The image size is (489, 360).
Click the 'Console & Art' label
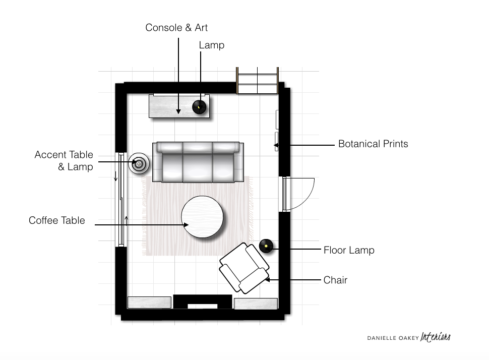click(176, 28)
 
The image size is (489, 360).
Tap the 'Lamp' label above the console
click(211, 45)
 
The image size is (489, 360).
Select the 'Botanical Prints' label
click(373, 144)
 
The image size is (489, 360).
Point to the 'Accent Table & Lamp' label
click(64, 161)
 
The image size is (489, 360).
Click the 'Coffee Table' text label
click(57, 220)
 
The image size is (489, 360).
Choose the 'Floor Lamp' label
click(349, 250)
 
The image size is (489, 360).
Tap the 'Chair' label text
click(335, 280)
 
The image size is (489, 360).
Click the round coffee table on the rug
click(202, 217)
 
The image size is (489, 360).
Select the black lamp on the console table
click(199, 107)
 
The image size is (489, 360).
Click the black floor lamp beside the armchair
click(266, 246)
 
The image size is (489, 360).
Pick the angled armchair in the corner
click(244, 268)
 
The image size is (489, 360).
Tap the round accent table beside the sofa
click(139, 163)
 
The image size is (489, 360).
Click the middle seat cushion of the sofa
click(198, 162)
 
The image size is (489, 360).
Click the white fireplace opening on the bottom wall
click(202, 307)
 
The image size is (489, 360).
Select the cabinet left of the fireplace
click(149, 303)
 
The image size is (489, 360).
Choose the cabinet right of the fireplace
click(256, 304)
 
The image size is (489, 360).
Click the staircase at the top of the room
click(257, 81)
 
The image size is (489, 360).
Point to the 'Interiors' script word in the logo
click(436, 337)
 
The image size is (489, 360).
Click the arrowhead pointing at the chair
click(267, 280)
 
